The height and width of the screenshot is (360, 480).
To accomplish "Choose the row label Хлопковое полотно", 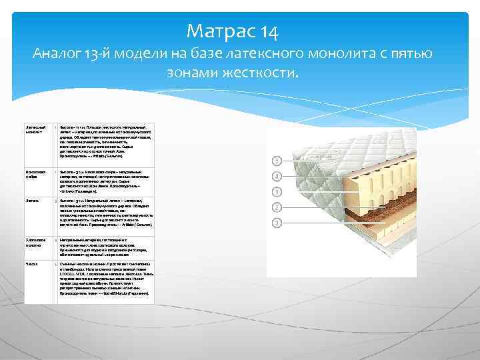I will point(36,241).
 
